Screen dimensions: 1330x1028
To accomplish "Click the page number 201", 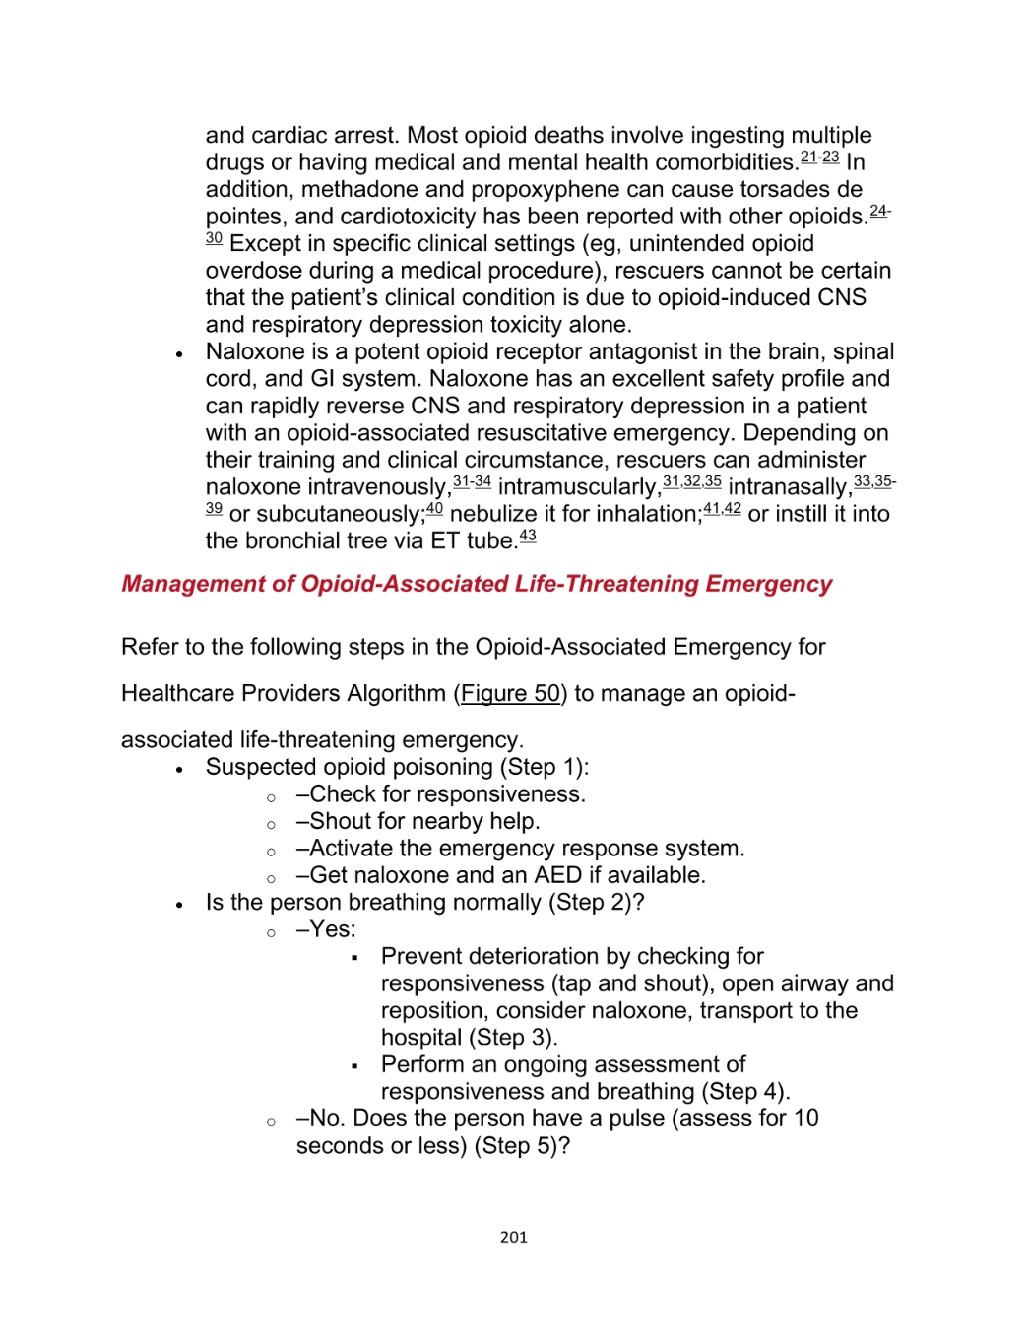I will click(x=513, y=1237).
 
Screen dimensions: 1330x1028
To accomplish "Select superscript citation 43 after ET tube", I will click(x=527, y=536).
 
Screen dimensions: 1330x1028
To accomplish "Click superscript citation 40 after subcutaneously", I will click(x=434, y=508).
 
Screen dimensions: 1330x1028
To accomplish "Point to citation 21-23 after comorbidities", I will click(x=820, y=157).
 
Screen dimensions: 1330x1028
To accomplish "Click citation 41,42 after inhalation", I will click(x=721, y=508).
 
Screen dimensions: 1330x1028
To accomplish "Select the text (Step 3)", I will click(x=511, y=1038).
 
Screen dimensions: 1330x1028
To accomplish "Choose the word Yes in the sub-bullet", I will click(x=331, y=929).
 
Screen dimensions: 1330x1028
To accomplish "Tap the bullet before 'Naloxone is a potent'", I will click(x=179, y=355).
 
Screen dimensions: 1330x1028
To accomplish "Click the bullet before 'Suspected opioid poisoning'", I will click(x=179, y=770).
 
